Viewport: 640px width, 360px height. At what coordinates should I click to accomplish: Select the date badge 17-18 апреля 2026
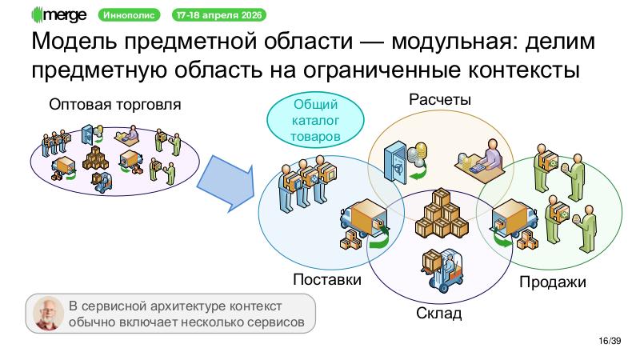(x=220, y=15)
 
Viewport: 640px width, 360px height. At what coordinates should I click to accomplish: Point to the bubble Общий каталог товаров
(x=315, y=120)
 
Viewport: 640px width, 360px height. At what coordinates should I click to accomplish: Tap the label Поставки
(x=326, y=280)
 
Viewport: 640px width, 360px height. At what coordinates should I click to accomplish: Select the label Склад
(x=438, y=313)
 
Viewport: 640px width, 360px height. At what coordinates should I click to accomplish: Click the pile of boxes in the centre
(x=438, y=214)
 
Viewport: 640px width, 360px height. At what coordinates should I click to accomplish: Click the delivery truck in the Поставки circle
(x=362, y=222)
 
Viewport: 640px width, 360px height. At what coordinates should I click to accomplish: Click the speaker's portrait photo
(x=49, y=313)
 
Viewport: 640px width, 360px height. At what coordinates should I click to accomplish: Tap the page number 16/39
(x=610, y=342)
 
